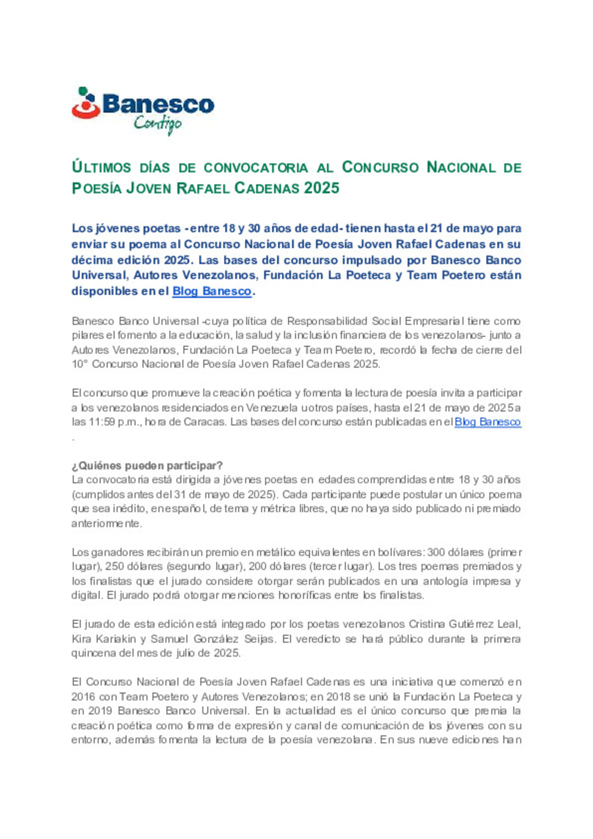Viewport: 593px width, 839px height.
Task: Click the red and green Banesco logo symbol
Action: [x=86, y=103]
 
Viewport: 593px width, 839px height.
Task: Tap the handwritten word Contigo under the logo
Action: [x=158, y=124]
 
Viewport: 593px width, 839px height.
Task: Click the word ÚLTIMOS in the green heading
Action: [x=102, y=167]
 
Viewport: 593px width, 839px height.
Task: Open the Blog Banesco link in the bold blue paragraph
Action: [x=212, y=292]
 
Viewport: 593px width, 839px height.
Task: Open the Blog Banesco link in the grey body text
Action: [x=488, y=422]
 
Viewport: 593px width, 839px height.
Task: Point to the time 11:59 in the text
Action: [x=102, y=422]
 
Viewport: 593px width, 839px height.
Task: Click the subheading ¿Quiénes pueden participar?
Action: [x=147, y=466]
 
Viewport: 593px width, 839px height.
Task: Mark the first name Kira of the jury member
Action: [x=82, y=639]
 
